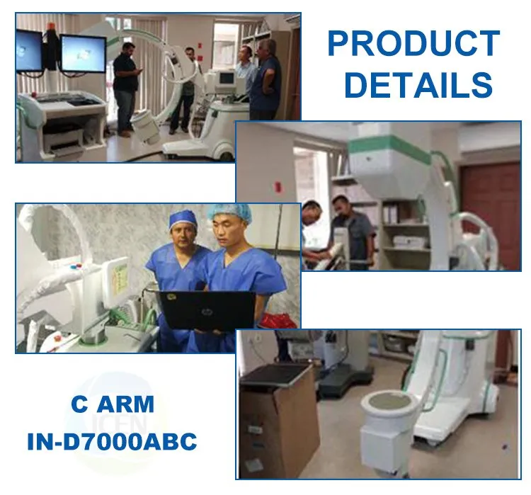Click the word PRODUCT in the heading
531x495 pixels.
pyautogui.click(x=413, y=45)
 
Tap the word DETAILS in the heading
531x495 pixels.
pyautogui.click(x=418, y=85)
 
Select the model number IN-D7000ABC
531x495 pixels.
pyautogui.click(x=112, y=442)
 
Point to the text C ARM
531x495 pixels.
pyautogui.click(x=113, y=404)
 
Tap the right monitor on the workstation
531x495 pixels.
pyautogui.click(x=83, y=53)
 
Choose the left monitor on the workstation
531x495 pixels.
pyautogui.click(x=29, y=50)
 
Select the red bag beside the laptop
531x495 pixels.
pyautogui.click(x=278, y=320)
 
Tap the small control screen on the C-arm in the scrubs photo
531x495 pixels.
pyautogui.click(x=117, y=276)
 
